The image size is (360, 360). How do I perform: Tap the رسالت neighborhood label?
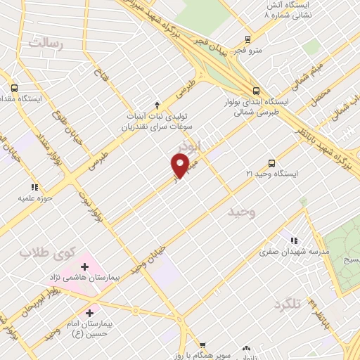[47, 44]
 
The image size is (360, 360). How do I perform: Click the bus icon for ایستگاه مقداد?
[14, 89]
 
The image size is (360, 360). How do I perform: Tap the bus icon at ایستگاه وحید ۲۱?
[272, 163]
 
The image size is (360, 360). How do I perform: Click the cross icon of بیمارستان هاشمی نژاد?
[85, 266]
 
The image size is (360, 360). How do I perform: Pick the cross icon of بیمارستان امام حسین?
[89, 312]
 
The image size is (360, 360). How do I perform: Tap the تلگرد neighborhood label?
[288, 304]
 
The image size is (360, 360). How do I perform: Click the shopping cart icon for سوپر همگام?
[202, 345]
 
